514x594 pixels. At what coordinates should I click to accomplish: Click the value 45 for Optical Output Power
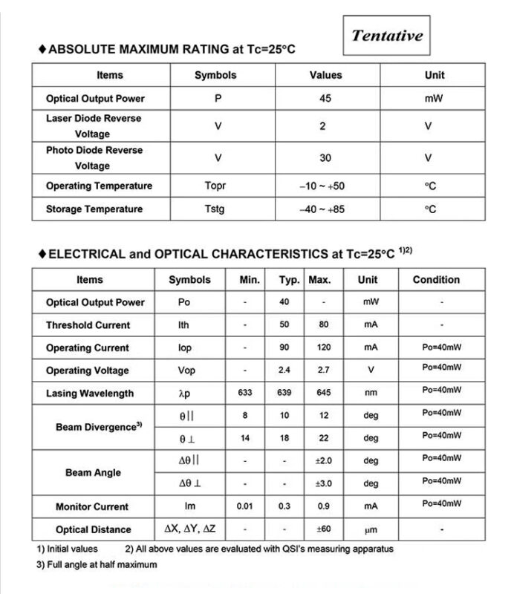[x=325, y=99]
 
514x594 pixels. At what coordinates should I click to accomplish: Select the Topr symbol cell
[x=215, y=186]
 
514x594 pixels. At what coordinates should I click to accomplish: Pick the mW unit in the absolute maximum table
[x=434, y=99]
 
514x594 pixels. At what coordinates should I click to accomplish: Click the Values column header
[x=325, y=75]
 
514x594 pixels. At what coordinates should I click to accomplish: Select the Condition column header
[x=436, y=280]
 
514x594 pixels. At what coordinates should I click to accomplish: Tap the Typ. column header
[x=289, y=280]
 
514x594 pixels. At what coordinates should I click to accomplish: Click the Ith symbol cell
[x=184, y=325]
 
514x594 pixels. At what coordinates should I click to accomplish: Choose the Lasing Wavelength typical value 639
[x=284, y=393]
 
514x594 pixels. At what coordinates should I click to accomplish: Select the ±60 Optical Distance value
[x=323, y=529]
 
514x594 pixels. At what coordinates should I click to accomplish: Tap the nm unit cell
[x=371, y=393]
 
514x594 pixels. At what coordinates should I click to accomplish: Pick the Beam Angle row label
[x=93, y=472]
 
